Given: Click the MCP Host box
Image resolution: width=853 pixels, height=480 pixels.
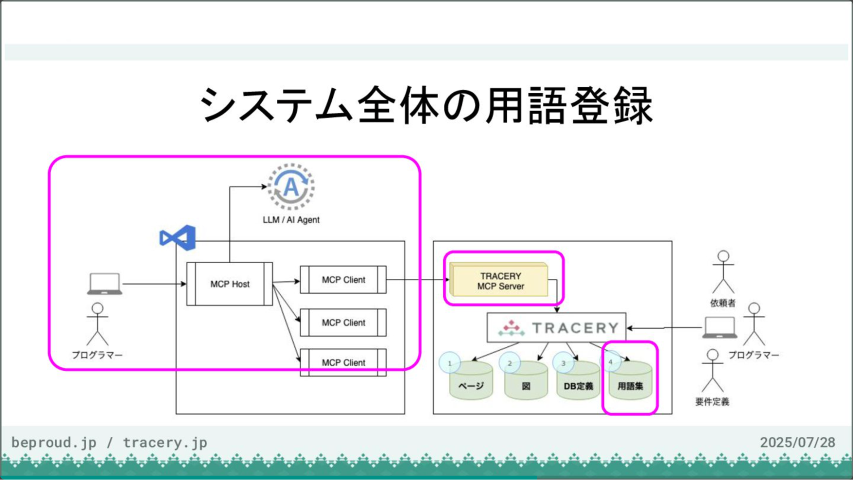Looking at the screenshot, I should click(x=230, y=284).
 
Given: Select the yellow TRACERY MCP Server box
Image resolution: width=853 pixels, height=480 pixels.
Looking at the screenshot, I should click(x=500, y=281).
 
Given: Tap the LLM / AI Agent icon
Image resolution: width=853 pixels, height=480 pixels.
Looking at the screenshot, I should click(x=291, y=187).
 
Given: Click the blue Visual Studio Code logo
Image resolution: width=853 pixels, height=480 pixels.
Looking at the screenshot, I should click(x=178, y=238).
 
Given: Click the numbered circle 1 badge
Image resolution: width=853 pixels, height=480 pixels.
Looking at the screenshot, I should click(x=450, y=363).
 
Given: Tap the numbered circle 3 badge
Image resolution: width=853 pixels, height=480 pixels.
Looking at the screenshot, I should click(x=563, y=363).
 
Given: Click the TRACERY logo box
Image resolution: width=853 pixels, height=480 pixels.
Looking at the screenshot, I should click(x=556, y=328).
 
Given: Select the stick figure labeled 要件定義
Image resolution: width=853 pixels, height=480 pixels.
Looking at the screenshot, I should click(x=713, y=370).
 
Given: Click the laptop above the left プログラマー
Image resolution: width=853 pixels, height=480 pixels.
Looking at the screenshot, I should click(x=104, y=284).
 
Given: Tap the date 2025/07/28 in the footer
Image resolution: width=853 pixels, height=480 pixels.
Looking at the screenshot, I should click(x=797, y=442).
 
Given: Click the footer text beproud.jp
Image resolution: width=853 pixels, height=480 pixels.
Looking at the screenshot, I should click(x=54, y=442).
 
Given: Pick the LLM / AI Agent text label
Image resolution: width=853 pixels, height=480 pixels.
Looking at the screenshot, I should click(x=291, y=220).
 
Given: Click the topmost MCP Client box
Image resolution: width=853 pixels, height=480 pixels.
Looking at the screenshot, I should click(x=343, y=280).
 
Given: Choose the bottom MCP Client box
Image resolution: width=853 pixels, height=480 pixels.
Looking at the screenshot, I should click(x=343, y=363).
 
